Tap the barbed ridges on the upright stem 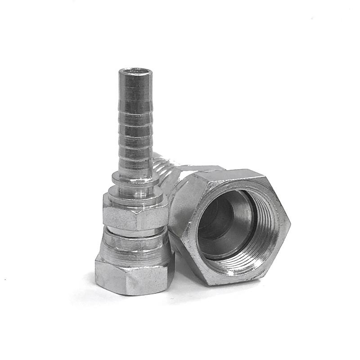(135, 130)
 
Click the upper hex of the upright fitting (135, 211)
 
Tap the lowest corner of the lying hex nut (211, 283)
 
